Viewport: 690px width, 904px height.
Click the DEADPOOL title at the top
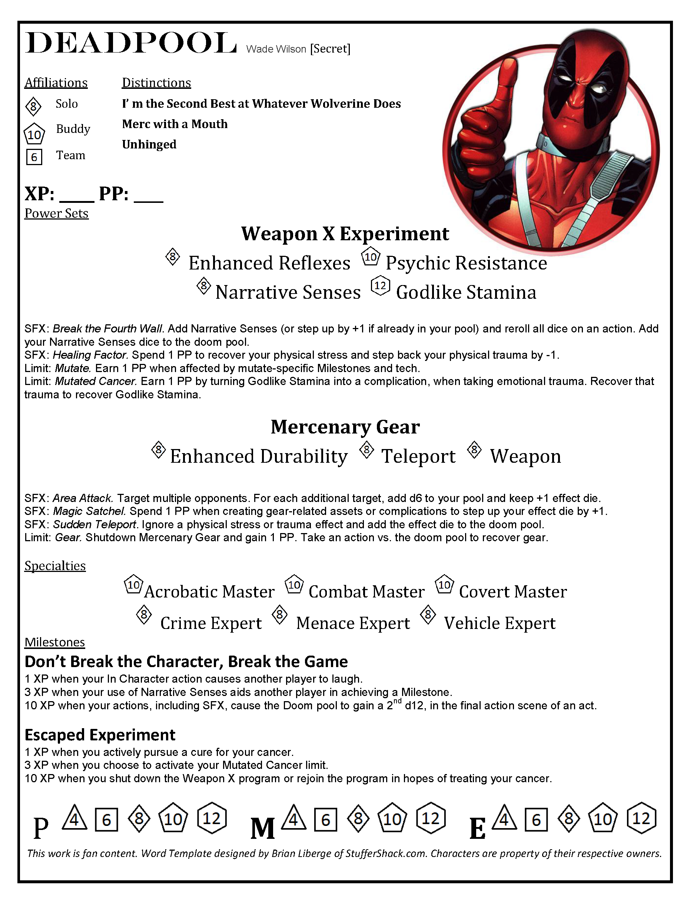click(x=130, y=43)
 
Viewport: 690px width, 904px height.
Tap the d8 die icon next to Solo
click(x=33, y=106)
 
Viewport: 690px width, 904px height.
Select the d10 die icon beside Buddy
click(x=34, y=134)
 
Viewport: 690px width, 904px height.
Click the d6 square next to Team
click(x=34, y=157)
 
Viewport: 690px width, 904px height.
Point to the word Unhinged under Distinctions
click(x=149, y=144)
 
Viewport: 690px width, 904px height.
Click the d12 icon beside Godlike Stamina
click(x=380, y=286)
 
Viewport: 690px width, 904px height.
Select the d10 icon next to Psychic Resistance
click(x=371, y=257)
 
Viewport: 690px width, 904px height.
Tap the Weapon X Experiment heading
click(x=345, y=234)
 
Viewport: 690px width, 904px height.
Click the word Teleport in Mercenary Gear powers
click(x=418, y=456)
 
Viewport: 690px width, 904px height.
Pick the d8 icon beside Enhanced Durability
click(x=159, y=450)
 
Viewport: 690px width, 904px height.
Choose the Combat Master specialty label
click(x=366, y=591)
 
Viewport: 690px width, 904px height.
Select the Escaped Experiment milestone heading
click(x=100, y=734)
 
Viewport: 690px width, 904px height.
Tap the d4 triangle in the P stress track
click(x=74, y=818)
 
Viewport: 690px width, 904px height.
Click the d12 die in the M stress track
click(x=431, y=818)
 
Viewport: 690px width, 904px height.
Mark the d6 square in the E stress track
click(x=536, y=820)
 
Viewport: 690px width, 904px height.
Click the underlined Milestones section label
click(x=54, y=642)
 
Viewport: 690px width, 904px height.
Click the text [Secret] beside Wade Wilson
click(x=330, y=49)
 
